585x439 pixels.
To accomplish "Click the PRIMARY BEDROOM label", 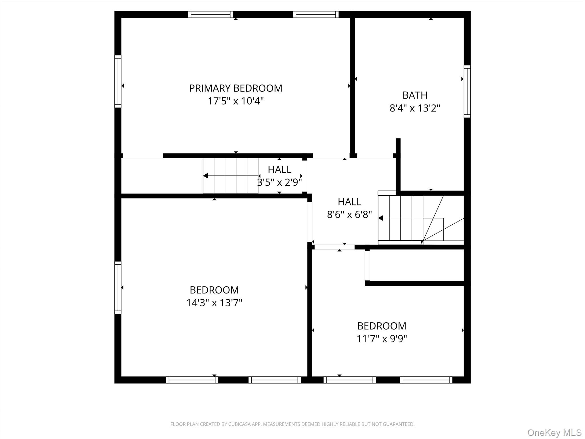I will [235, 88].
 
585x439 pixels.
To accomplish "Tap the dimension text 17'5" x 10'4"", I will [235, 101].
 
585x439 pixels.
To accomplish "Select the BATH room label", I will [415, 95].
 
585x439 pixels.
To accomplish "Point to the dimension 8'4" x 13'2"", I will [415, 108].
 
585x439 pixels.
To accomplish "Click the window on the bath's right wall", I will [467, 91].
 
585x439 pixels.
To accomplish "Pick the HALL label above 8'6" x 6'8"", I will [349, 202].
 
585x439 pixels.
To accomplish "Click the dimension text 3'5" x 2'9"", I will [280, 182].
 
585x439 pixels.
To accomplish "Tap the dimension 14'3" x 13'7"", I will [214, 303].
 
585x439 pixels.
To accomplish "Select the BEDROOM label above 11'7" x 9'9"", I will [382, 326].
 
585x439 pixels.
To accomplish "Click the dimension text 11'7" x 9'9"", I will [382, 339].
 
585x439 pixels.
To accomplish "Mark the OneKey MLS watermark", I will [554, 433].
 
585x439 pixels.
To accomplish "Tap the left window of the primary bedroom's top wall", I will [211, 15].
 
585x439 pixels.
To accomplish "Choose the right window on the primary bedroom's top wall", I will [316, 15].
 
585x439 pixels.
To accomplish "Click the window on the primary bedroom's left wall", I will [118, 81].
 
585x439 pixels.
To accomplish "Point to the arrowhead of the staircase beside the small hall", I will [205, 176].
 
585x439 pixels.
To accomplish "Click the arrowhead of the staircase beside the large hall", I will [380, 218].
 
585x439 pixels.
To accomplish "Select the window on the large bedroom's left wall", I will [118, 288].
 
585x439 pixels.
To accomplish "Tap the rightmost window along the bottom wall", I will [426, 380].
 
